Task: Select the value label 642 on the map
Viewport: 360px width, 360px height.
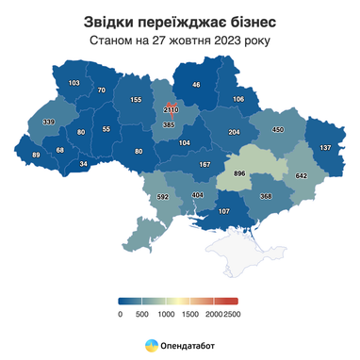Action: (x=303, y=175)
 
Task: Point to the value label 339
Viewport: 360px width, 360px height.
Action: (x=48, y=123)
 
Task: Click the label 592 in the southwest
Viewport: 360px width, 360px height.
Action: (x=162, y=197)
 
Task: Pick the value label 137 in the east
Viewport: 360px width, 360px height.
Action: (x=326, y=148)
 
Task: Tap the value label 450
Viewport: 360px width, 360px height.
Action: (x=278, y=129)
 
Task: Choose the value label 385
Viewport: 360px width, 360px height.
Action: (x=170, y=124)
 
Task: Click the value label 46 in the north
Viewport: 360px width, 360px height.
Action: (x=196, y=85)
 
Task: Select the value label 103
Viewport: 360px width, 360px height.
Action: (x=74, y=83)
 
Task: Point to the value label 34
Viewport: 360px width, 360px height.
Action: (x=83, y=164)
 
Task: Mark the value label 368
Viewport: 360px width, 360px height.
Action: (x=266, y=196)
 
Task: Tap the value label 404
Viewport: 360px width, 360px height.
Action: (x=197, y=195)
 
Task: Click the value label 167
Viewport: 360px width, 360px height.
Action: (x=204, y=165)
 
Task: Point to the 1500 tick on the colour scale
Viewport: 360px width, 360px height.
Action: (x=190, y=314)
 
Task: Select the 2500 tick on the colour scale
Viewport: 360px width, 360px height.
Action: (x=231, y=314)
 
